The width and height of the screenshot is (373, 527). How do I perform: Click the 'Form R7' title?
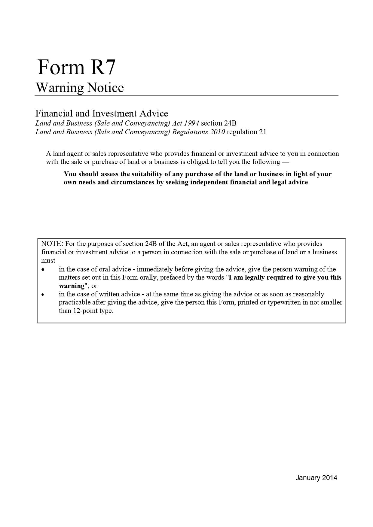[x=76, y=67]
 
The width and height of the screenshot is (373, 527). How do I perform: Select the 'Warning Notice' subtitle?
[x=80, y=88]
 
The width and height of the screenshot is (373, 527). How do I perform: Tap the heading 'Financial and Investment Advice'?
[x=102, y=114]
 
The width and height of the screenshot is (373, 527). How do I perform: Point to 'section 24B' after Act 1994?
[x=219, y=123]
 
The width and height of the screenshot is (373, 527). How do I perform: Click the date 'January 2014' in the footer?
[x=316, y=478]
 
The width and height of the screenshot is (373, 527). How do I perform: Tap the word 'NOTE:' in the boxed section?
[x=52, y=244]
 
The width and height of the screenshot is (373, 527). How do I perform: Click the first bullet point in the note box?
[x=43, y=269]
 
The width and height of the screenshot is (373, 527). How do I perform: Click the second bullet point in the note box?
[x=43, y=294]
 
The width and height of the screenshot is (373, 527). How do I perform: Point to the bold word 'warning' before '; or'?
[x=72, y=286]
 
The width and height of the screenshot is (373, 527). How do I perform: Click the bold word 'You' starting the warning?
[x=70, y=174]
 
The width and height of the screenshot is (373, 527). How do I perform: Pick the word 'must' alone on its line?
[x=48, y=260]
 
